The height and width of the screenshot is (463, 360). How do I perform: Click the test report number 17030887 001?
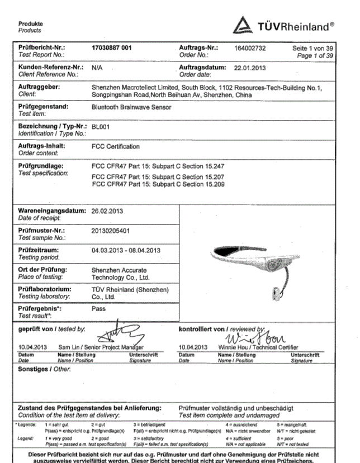tap(111, 49)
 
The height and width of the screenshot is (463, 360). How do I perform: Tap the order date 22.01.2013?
tap(250, 68)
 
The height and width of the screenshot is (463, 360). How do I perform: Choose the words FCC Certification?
tap(116, 147)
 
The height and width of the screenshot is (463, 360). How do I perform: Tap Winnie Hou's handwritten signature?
tap(266, 337)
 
